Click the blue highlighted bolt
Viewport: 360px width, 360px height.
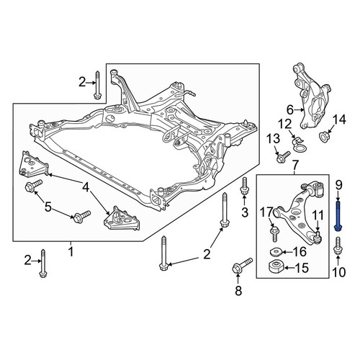[x=338, y=217]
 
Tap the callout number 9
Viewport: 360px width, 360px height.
[x=338, y=185]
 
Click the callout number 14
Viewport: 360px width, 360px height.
[x=339, y=120]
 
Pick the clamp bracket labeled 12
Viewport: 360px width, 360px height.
[x=298, y=145]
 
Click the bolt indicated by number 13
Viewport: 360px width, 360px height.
[x=284, y=156]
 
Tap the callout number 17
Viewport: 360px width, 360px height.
[x=267, y=212]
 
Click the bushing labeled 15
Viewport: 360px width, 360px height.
[x=276, y=267]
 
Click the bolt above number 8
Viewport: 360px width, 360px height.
[x=242, y=266]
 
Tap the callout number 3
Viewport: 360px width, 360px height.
[x=245, y=212]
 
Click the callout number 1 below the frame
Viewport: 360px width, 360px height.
[x=71, y=252]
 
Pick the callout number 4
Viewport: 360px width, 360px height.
[x=85, y=187]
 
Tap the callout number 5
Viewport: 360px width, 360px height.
[x=48, y=207]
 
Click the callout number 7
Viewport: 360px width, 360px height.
[x=295, y=165]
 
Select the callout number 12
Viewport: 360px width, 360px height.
[x=284, y=125]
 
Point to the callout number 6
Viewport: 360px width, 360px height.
[x=290, y=110]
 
